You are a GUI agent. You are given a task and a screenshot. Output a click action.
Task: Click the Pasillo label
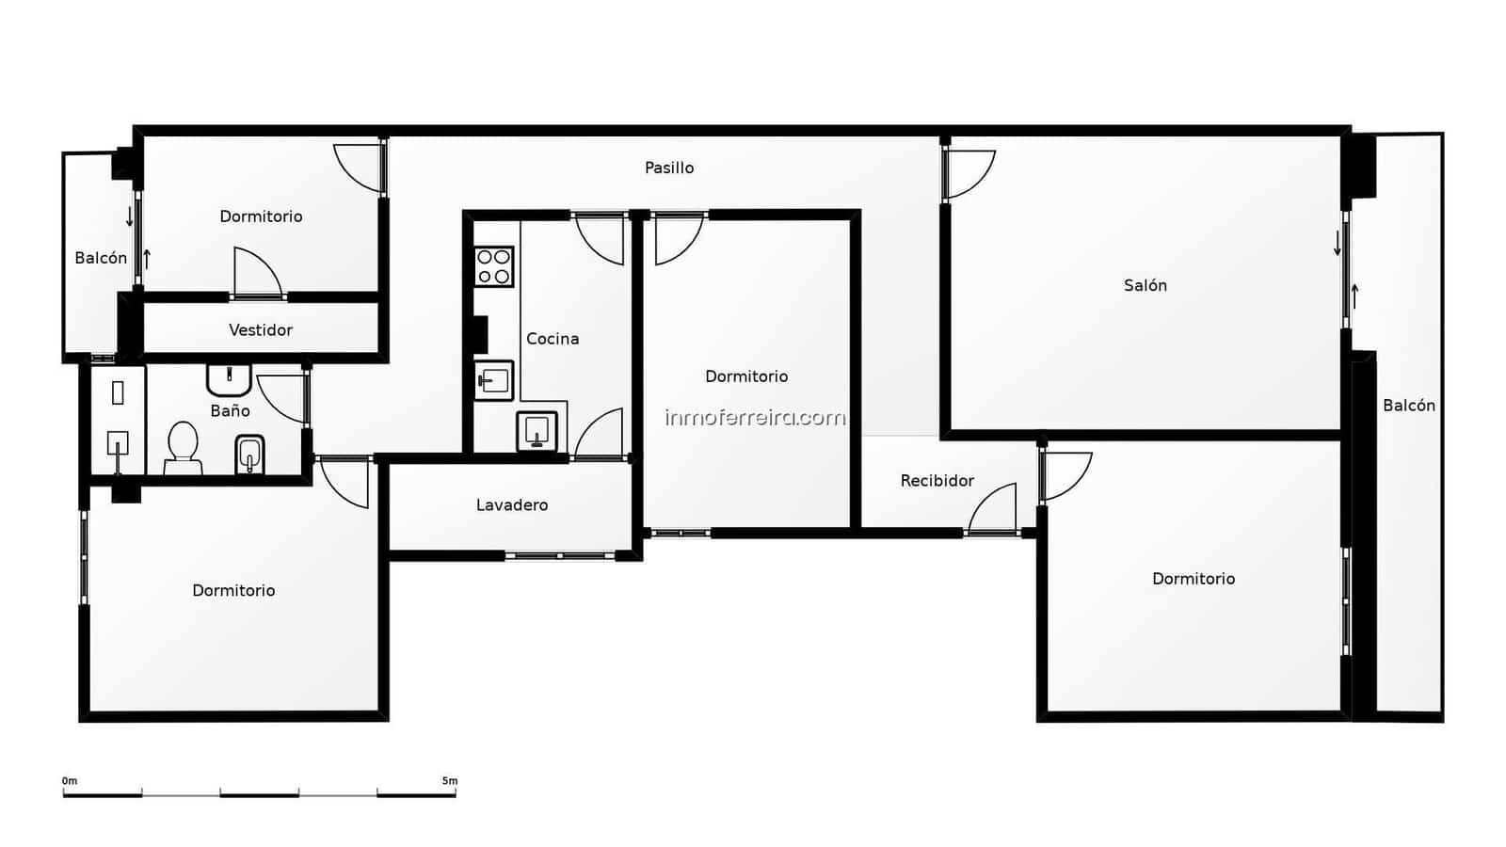click(669, 168)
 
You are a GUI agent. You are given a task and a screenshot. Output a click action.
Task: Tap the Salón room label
click(1145, 285)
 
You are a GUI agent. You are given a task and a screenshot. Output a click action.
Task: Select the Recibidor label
click(937, 481)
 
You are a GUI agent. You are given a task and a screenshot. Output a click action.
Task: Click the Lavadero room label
click(511, 505)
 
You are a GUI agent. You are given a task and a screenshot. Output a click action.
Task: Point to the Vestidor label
click(261, 330)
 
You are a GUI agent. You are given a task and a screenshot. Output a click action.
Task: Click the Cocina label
click(553, 339)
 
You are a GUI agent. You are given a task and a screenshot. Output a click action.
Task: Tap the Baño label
click(230, 411)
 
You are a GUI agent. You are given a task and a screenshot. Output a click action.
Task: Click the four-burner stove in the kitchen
click(493, 266)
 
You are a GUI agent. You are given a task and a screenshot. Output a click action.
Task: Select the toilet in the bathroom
click(183, 448)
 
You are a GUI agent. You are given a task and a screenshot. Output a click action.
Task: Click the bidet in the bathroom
click(249, 455)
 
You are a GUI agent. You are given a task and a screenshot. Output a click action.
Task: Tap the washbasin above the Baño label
click(229, 378)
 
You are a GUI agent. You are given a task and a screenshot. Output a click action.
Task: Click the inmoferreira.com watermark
click(755, 417)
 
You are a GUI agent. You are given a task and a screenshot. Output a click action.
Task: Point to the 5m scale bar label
click(450, 781)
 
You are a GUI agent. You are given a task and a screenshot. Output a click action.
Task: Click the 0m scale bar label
click(70, 781)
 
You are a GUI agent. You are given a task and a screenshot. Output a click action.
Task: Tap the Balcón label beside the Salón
click(1408, 406)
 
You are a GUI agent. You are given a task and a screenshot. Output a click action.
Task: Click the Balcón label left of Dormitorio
click(101, 258)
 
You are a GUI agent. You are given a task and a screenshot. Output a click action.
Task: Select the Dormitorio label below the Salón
click(1193, 579)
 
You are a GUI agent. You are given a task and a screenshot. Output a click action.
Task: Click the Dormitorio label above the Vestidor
click(261, 216)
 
